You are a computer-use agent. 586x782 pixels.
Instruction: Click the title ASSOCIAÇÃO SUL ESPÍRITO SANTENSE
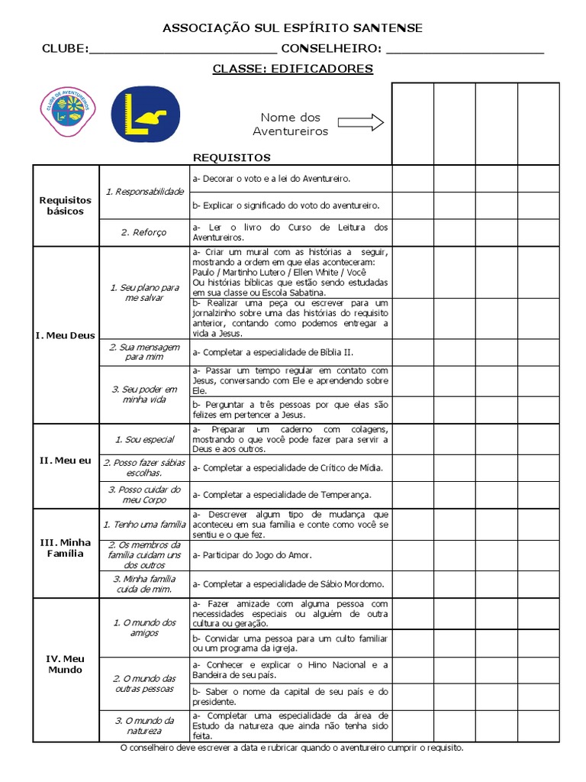[x=292, y=28]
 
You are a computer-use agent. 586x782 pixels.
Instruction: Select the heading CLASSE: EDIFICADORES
[x=292, y=69]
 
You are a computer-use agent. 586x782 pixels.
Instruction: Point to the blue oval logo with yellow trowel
[x=145, y=115]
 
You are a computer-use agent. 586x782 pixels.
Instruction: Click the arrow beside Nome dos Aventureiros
[x=360, y=123]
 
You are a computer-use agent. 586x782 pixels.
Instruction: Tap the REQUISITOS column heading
[x=232, y=158]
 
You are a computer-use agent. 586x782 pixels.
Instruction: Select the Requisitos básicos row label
[x=65, y=205]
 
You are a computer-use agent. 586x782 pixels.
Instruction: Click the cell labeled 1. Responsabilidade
[x=144, y=192]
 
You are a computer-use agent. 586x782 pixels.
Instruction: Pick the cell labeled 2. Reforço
[x=144, y=233]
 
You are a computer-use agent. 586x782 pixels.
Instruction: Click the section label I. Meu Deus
[x=65, y=335]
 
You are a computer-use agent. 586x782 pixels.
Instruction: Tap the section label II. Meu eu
[x=65, y=460]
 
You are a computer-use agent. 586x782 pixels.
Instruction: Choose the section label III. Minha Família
[x=65, y=548]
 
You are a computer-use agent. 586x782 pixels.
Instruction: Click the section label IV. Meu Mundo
[x=65, y=664]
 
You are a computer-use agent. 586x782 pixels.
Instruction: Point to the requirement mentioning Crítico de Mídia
[x=288, y=467]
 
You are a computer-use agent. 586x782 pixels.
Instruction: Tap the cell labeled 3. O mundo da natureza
[x=144, y=725]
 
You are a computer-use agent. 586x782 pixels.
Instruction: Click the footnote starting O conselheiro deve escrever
[x=292, y=748]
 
